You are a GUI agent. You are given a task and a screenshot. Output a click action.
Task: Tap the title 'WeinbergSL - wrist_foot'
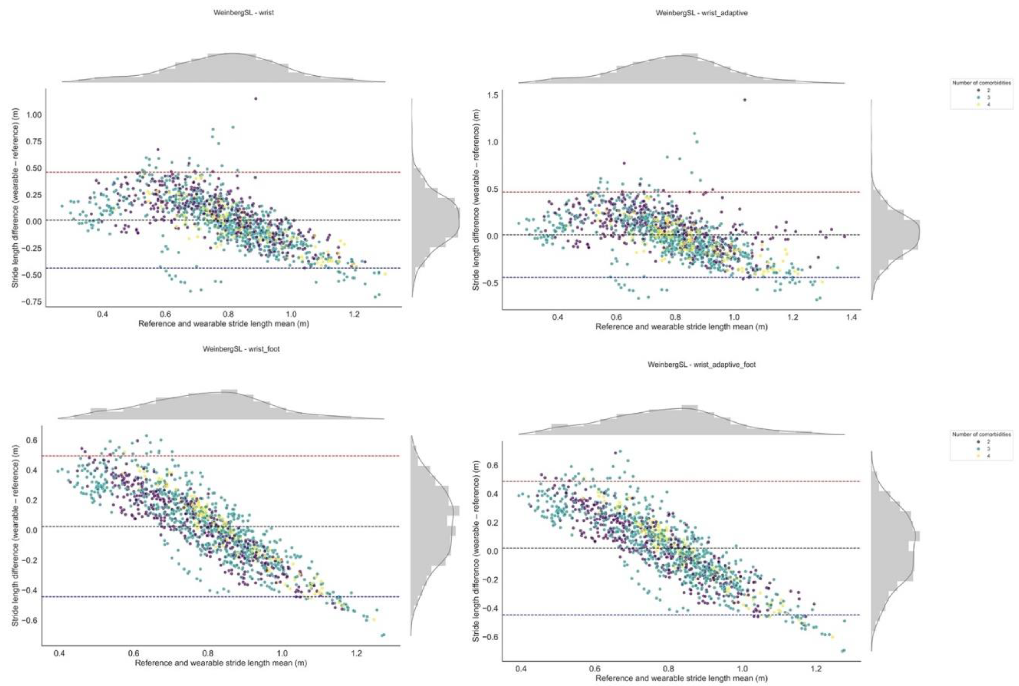tap(241, 349)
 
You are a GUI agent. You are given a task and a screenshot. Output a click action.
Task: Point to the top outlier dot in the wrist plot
tap(255, 99)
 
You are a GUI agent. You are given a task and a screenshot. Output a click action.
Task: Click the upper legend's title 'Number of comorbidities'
tap(981, 83)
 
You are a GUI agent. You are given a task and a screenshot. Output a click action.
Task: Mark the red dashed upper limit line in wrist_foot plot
tap(219, 456)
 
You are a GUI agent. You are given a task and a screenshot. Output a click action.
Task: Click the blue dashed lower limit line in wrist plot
tap(219, 268)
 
